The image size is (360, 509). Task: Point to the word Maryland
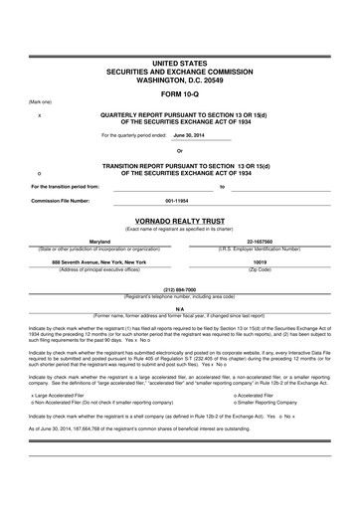[100, 242]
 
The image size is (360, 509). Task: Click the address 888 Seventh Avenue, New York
[99, 261]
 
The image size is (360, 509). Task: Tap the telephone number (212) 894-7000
[180, 289]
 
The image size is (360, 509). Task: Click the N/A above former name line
[180, 309]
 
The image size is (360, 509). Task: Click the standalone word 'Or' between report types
[180, 150]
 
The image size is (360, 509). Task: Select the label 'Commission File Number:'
[61, 200]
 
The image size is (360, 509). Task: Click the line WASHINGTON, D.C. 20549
[180, 79]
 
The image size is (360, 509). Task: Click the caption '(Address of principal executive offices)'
[100, 268]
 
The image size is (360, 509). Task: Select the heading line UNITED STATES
[180, 63]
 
